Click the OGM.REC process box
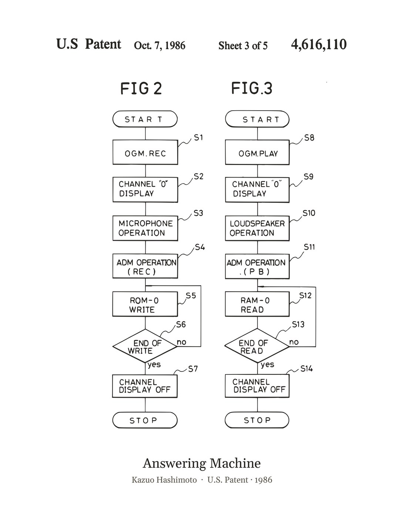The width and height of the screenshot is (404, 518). pyautogui.click(x=145, y=152)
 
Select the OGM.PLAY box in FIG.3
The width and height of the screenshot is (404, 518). pyautogui.click(x=257, y=152)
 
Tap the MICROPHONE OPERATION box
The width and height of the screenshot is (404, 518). pyautogui.click(x=145, y=228)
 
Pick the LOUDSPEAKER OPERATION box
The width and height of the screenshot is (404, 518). pyautogui.click(x=257, y=228)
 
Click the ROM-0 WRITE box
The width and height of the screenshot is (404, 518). pyautogui.click(x=145, y=304)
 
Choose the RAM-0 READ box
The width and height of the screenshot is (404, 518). pyautogui.click(x=257, y=304)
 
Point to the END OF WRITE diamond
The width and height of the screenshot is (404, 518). pyautogui.click(x=145, y=346)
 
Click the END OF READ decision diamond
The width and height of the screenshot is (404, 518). pyautogui.click(x=257, y=346)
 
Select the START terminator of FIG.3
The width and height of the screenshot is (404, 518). pyautogui.click(x=257, y=119)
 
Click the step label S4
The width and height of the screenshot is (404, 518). pyautogui.click(x=200, y=247)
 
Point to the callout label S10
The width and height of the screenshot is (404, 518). pyautogui.click(x=309, y=213)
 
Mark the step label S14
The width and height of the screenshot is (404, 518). pyautogui.click(x=307, y=369)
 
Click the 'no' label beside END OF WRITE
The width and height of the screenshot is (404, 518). pyautogui.click(x=181, y=342)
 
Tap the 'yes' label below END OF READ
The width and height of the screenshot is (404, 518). pyautogui.click(x=267, y=365)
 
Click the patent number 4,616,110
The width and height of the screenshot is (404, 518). pyautogui.click(x=319, y=44)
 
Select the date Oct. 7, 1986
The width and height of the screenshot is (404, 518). pyautogui.click(x=159, y=45)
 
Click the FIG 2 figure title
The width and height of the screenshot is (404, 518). pyautogui.click(x=141, y=88)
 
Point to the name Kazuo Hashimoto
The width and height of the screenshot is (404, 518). pyautogui.click(x=164, y=480)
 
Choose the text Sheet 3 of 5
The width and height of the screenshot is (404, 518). pyautogui.click(x=243, y=46)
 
